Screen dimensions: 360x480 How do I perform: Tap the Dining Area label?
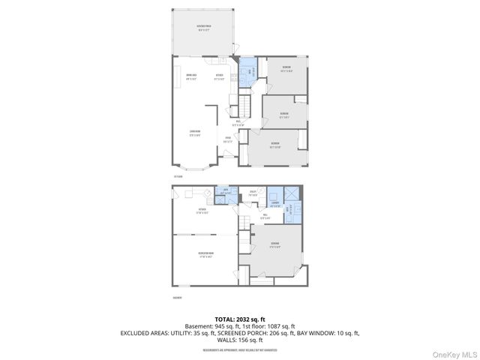click(191, 76)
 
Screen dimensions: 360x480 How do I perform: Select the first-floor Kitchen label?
click(220, 76)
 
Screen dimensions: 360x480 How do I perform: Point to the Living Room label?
click(195, 134)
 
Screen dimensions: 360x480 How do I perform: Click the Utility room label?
click(254, 193)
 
